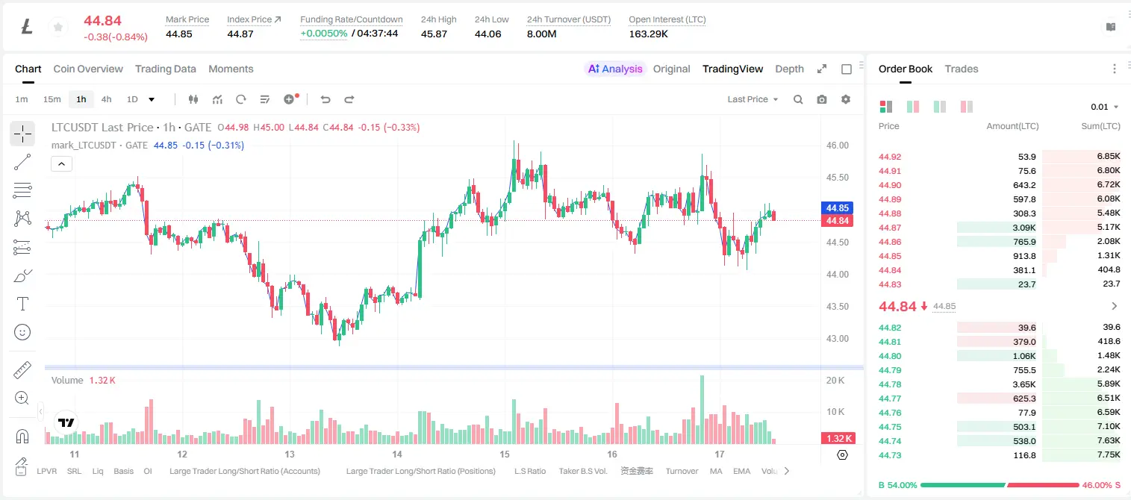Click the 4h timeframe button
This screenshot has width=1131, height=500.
106,99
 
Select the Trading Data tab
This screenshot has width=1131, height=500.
166,69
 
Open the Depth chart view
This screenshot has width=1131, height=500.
789,69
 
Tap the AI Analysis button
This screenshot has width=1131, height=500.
615,69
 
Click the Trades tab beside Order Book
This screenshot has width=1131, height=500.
962,69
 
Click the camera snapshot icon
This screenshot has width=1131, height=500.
822,99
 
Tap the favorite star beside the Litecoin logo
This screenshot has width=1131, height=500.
58,27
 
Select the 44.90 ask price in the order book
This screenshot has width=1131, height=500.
890,185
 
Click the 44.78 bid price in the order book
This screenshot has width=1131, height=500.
890,384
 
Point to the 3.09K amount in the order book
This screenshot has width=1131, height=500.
1024,228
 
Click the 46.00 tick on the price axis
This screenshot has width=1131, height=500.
838,146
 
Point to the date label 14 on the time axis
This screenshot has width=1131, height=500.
397,454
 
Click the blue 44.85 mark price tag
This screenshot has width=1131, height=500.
837,208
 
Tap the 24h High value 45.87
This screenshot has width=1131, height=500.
434,34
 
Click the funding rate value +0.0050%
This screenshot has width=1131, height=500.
324,34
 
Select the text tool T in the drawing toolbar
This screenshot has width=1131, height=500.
22,304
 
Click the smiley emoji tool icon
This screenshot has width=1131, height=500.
22,332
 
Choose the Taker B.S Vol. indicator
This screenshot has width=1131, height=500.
582,471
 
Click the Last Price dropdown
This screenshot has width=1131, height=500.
753,99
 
